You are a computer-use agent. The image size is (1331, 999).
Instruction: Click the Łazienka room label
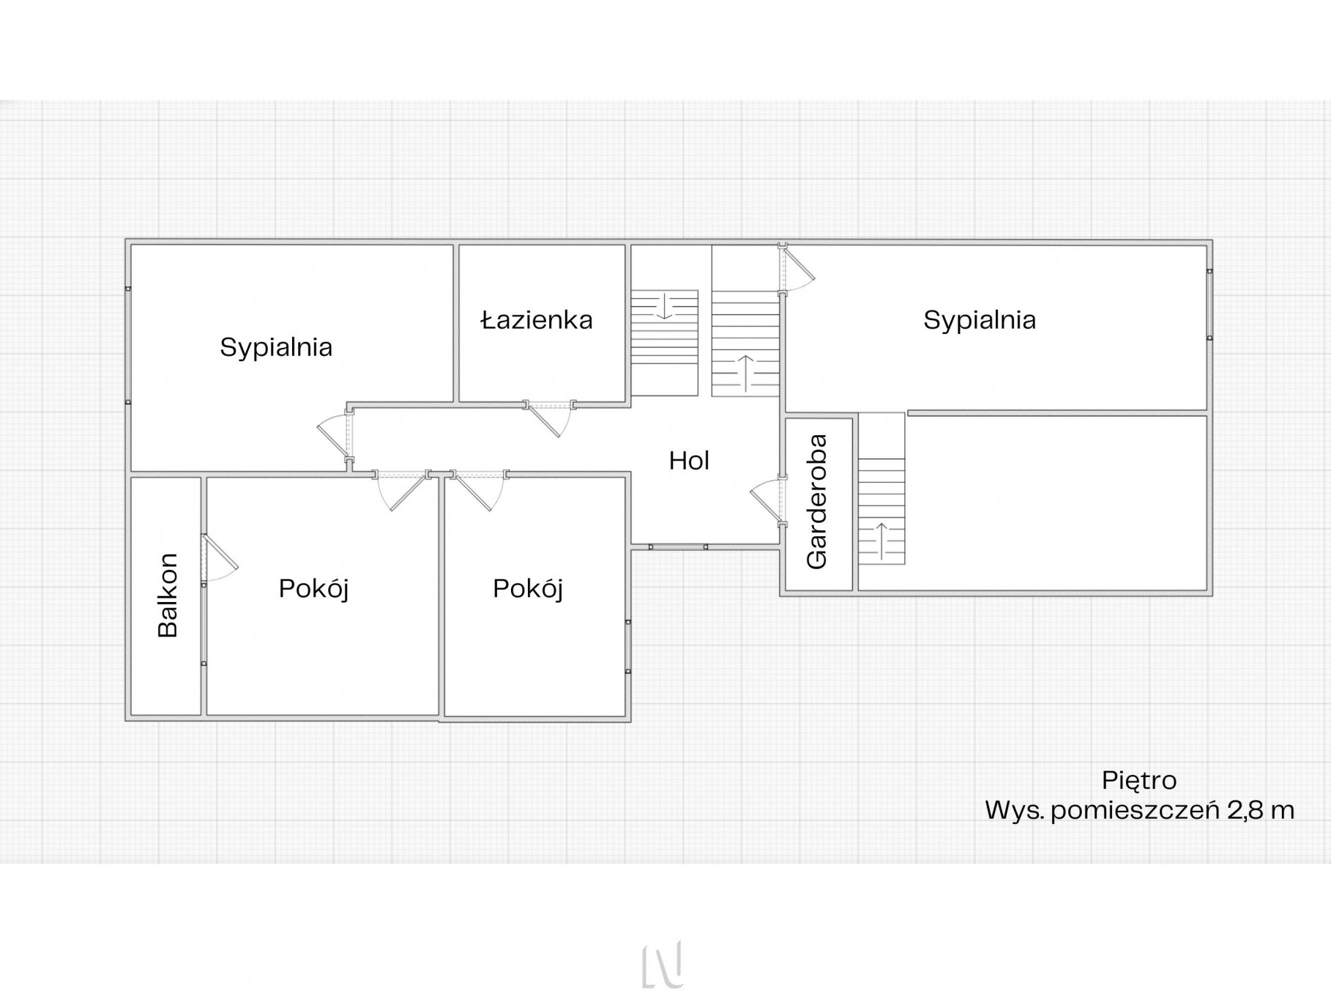click(537, 320)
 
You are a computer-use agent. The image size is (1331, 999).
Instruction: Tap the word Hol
click(689, 460)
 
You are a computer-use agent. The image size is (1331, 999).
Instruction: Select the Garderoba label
click(816, 502)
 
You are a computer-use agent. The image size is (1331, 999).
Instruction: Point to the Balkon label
click(168, 595)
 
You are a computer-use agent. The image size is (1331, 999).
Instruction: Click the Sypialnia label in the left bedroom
click(276, 347)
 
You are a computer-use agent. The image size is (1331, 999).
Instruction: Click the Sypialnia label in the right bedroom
click(980, 320)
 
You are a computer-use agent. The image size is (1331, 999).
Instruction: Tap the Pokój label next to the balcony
click(313, 588)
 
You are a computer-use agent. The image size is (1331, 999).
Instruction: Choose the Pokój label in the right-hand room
click(528, 588)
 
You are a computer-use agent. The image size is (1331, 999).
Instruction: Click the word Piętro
click(1139, 781)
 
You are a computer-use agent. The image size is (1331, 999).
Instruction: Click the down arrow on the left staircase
click(664, 306)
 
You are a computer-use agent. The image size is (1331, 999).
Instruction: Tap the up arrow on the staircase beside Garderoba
click(881, 538)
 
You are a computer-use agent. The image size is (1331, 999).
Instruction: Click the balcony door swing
click(218, 558)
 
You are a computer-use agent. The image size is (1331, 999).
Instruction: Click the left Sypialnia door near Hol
click(335, 434)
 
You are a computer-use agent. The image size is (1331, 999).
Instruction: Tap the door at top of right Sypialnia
click(797, 267)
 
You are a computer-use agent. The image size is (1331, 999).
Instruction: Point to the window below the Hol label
click(678, 546)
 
